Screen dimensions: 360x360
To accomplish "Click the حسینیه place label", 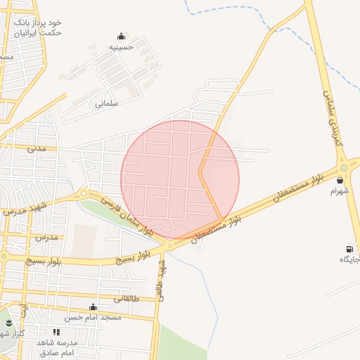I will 122,47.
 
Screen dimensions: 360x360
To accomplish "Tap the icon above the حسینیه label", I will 122,37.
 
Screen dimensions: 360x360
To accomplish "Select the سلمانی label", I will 107,103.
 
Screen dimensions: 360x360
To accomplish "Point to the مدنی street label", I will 36,149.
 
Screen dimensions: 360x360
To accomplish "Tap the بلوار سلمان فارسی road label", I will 126,214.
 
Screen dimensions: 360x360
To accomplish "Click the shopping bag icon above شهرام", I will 340,179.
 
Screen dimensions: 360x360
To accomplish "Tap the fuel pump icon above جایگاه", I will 349,249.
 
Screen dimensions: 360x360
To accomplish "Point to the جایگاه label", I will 349,259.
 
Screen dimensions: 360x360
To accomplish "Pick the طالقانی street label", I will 127,298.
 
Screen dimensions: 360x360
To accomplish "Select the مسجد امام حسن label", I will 93,317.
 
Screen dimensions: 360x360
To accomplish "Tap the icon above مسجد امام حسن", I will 93,307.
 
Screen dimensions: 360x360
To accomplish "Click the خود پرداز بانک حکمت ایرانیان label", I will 39,27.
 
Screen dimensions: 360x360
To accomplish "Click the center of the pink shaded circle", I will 180,179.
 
